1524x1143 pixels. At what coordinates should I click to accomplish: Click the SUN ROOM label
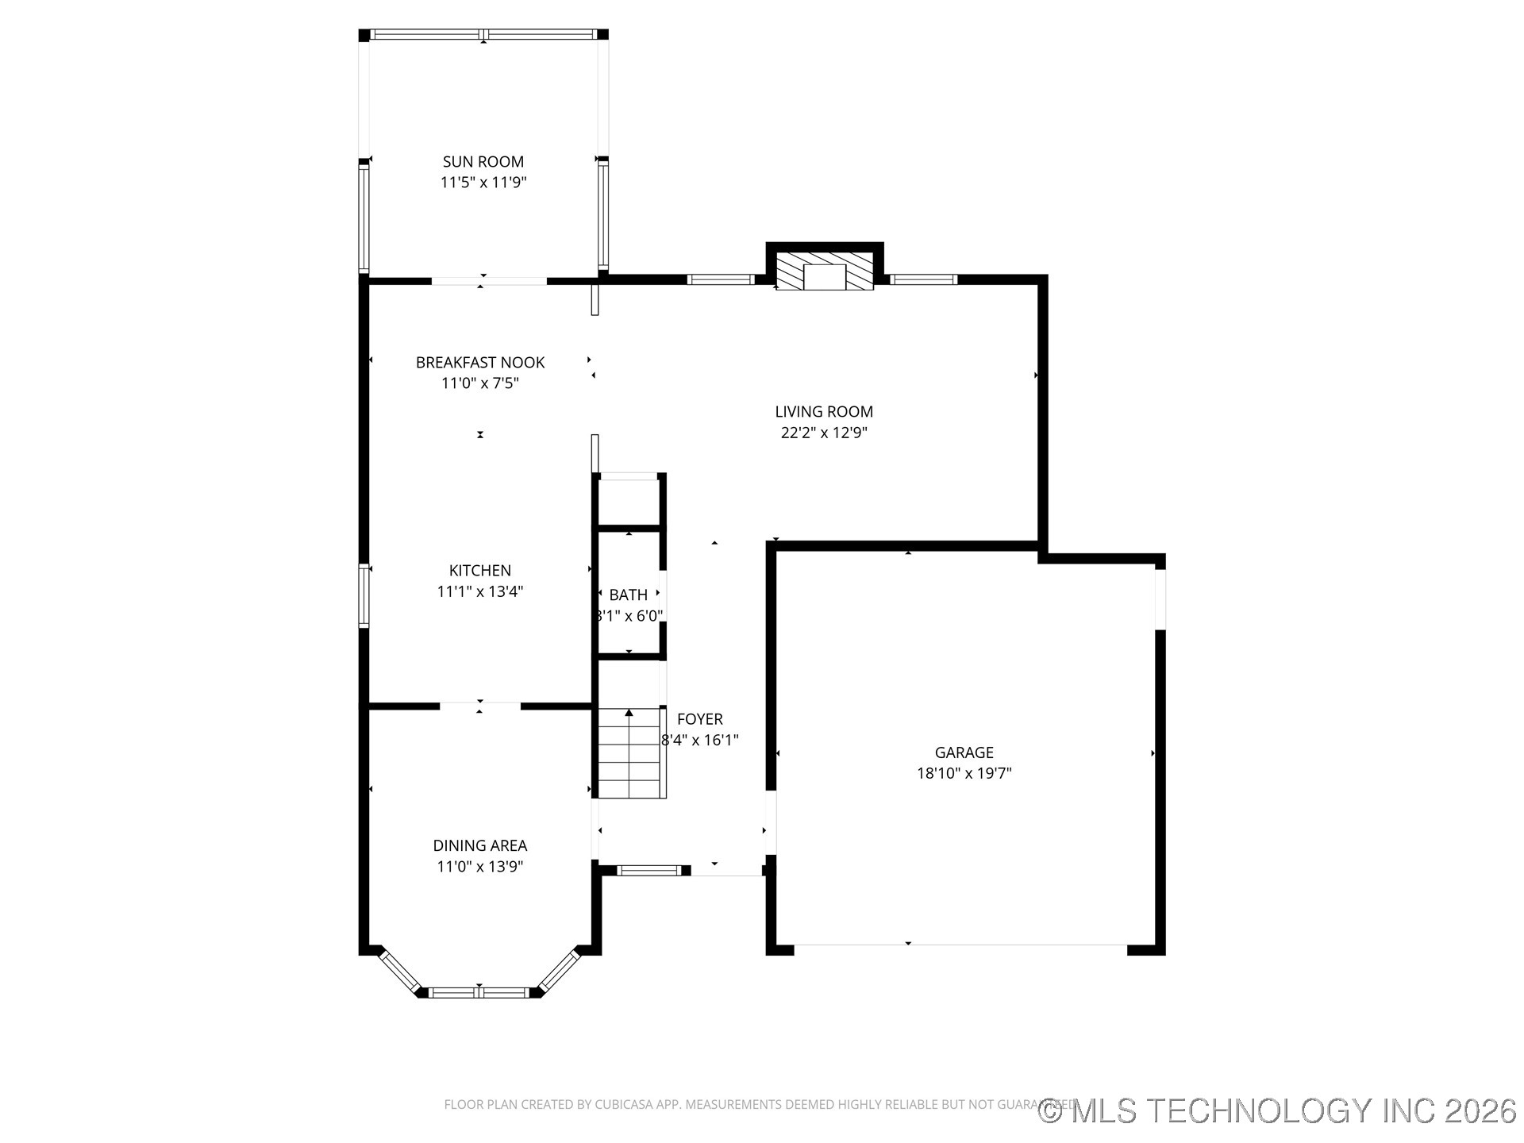(x=483, y=162)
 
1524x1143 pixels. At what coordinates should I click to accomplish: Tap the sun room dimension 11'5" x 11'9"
(x=483, y=183)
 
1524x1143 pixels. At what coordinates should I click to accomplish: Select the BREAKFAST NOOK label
(x=479, y=363)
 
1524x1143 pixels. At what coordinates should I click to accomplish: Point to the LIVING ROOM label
(x=823, y=412)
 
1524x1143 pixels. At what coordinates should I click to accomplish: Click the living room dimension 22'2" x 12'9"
(x=823, y=433)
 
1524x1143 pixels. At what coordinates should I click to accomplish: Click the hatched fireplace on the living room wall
(x=824, y=272)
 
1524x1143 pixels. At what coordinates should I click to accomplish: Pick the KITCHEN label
(x=479, y=571)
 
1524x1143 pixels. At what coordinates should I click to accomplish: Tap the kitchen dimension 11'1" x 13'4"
(x=479, y=591)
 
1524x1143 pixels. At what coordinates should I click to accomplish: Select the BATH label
(x=628, y=595)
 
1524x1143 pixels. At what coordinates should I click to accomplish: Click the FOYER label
(x=699, y=719)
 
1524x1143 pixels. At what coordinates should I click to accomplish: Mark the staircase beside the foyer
(x=631, y=754)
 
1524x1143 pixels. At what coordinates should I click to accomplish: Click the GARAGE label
(x=964, y=752)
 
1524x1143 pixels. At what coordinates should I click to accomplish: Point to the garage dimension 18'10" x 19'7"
(x=964, y=773)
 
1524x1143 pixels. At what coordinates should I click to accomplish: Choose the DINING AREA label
(x=479, y=846)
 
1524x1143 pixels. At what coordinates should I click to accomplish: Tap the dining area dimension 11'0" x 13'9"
(x=479, y=867)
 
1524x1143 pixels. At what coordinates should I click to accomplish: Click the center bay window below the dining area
(x=479, y=992)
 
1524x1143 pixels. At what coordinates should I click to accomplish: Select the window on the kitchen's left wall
(x=364, y=595)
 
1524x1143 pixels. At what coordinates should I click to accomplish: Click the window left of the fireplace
(x=720, y=279)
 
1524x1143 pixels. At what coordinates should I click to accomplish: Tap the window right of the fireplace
(x=922, y=279)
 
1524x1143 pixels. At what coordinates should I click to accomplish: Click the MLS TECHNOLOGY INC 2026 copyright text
(x=1278, y=1110)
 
